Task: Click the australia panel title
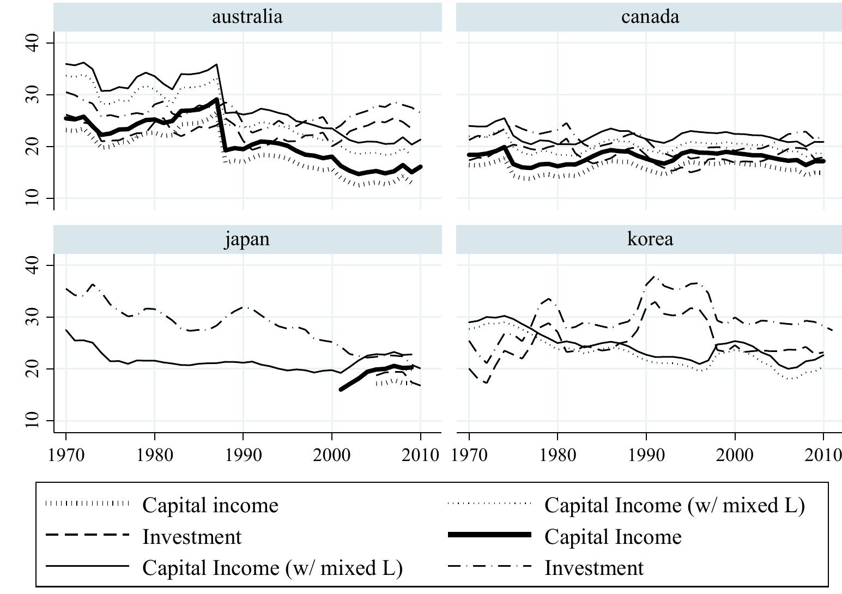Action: pyautogui.click(x=247, y=16)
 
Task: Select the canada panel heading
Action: pyautogui.click(x=650, y=16)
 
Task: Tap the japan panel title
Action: pyautogui.click(x=247, y=239)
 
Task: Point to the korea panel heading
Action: pyautogui.click(x=650, y=239)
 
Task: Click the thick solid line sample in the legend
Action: pyautogui.click(x=489, y=536)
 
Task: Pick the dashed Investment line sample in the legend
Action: pyautogui.click(x=87, y=536)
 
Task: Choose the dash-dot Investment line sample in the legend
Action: pyautogui.click(x=489, y=568)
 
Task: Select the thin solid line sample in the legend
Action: pyautogui.click(x=87, y=568)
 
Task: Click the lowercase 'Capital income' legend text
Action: pyautogui.click(x=210, y=505)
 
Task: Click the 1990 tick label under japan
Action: pyautogui.click(x=243, y=454)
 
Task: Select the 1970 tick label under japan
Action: pyautogui.click(x=66, y=454)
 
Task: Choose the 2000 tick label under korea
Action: pyautogui.click(x=735, y=454)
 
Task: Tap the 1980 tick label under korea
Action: pyautogui.click(x=558, y=454)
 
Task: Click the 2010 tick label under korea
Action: pyautogui.click(x=823, y=454)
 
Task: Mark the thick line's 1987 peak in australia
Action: pyautogui.click(x=217, y=99)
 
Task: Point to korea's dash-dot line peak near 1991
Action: pyautogui.click(x=655, y=276)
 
